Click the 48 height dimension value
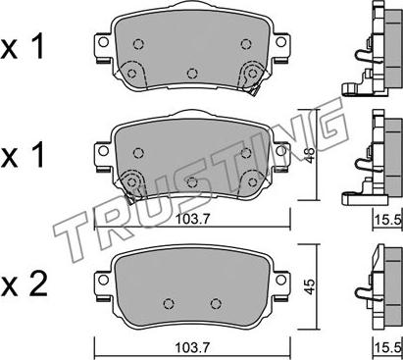point(310,154)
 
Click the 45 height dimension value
point(310,286)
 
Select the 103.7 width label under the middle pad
point(192,219)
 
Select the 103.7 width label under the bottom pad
point(192,347)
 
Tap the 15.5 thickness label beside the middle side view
point(388,220)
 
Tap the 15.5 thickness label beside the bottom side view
point(388,348)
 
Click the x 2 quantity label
point(24,284)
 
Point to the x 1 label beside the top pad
point(23,48)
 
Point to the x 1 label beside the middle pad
point(23,156)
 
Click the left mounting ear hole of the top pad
point(103,42)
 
